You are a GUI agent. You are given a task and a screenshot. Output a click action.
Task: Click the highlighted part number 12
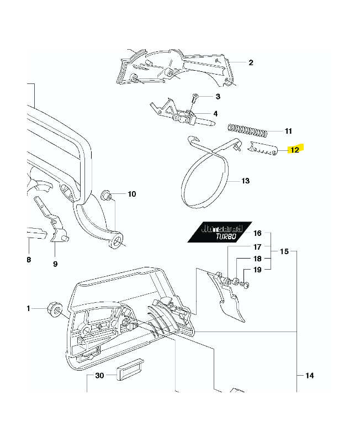click(x=295, y=150)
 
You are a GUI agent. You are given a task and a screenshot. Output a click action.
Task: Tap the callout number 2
click(x=251, y=62)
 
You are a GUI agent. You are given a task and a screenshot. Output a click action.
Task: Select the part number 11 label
click(x=288, y=131)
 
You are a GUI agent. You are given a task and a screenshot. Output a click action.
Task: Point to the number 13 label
click(x=245, y=181)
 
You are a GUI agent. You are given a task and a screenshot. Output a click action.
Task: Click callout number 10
click(x=131, y=194)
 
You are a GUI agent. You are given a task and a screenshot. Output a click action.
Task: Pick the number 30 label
click(x=99, y=376)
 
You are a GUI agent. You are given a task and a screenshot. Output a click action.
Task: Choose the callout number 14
click(x=309, y=376)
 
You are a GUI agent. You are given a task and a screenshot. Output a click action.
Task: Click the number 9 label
click(x=55, y=264)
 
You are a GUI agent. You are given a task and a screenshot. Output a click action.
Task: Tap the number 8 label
click(x=29, y=259)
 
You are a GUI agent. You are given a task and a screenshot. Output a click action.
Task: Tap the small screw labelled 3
click(x=195, y=98)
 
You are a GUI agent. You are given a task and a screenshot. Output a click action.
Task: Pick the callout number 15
click(x=284, y=251)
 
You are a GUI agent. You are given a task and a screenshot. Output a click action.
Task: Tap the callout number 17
click(x=257, y=246)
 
